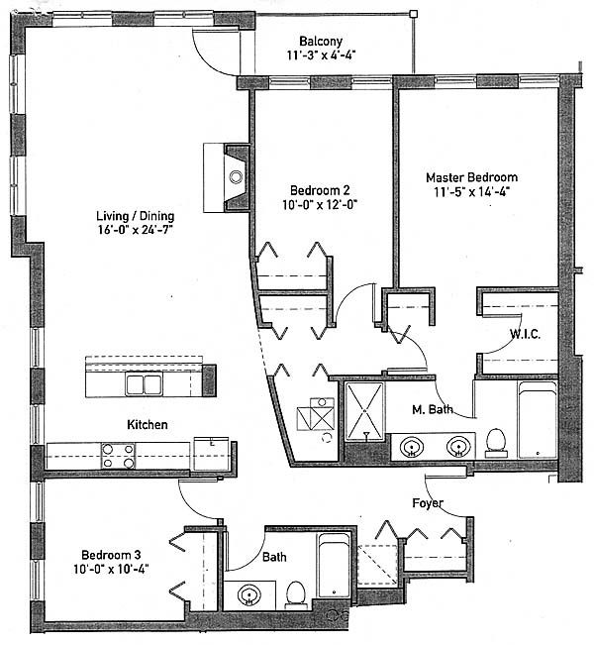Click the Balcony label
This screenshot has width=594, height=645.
tap(321, 42)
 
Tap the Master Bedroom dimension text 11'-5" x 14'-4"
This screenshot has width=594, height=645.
tap(472, 192)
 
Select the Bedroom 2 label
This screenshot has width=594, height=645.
tap(320, 190)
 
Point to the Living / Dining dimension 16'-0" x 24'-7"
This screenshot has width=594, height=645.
tap(136, 230)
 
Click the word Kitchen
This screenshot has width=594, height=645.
tap(148, 424)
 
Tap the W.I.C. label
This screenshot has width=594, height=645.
tap(526, 334)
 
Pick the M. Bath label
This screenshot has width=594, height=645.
tap(432, 409)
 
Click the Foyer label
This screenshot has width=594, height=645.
tap(428, 503)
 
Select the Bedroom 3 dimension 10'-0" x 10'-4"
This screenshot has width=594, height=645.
tap(111, 570)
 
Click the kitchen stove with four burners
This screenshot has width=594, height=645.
tap(119, 456)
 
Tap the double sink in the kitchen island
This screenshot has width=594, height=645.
tap(144, 384)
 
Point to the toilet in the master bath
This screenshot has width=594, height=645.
tap(496, 443)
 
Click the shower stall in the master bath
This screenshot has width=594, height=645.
tap(364, 411)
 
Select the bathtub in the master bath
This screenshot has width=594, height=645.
tap(538, 419)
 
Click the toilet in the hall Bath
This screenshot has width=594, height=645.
tap(296, 594)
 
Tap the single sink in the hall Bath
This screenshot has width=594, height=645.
tap(249, 595)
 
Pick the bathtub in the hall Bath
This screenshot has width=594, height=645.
tap(334, 566)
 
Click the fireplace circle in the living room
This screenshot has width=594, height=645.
tap(236, 177)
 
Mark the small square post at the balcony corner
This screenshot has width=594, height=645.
tap(414, 14)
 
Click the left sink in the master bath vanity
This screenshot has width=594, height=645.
tap(412, 446)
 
